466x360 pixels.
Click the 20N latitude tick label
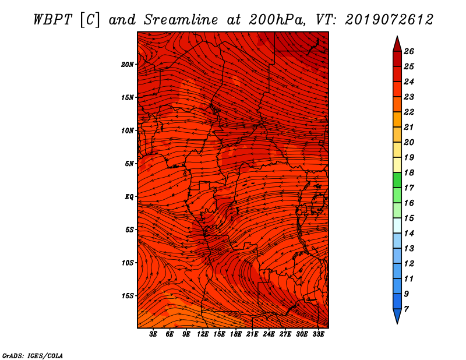[x=128, y=65]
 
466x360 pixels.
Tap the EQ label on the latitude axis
[x=129, y=197]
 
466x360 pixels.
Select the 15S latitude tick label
[x=128, y=296]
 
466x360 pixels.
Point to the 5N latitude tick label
[x=129, y=164]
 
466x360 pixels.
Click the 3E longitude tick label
[x=153, y=334]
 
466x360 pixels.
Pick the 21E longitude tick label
[x=252, y=334]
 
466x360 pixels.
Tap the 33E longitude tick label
[x=318, y=334]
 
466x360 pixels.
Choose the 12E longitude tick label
[x=202, y=334]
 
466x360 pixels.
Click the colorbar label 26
[x=409, y=51]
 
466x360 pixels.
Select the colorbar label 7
[x=406, y=309]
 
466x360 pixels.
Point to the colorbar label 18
[x=409, y=172]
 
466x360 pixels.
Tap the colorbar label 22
[x=409, y=112]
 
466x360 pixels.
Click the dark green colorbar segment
[x=397, y=180]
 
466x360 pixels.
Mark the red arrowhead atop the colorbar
[x=397, y=44]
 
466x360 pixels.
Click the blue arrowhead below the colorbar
[x=397, y=316]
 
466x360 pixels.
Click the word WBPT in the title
[x=53, y=20]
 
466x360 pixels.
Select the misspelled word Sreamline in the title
[x=181, y=20]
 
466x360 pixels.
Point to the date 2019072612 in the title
[x=389, y=20]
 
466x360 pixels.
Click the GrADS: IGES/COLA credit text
[x=33, y=356]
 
